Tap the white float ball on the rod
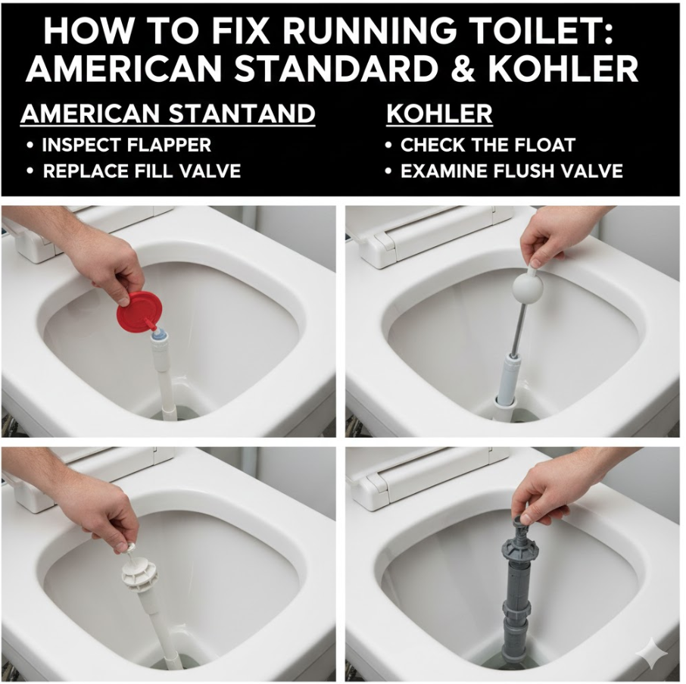tap(528, 288)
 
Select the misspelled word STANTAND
tap(242, 114)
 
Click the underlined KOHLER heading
tap(439, 114)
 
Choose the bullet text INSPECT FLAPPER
tap(126, 145)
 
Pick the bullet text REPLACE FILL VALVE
tap(142, 170)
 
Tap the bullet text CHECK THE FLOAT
tap(488, 145)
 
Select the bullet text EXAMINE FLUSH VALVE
tap(511, 170)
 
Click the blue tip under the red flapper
tap(157, 336)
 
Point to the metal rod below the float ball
tap(520, 328)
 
